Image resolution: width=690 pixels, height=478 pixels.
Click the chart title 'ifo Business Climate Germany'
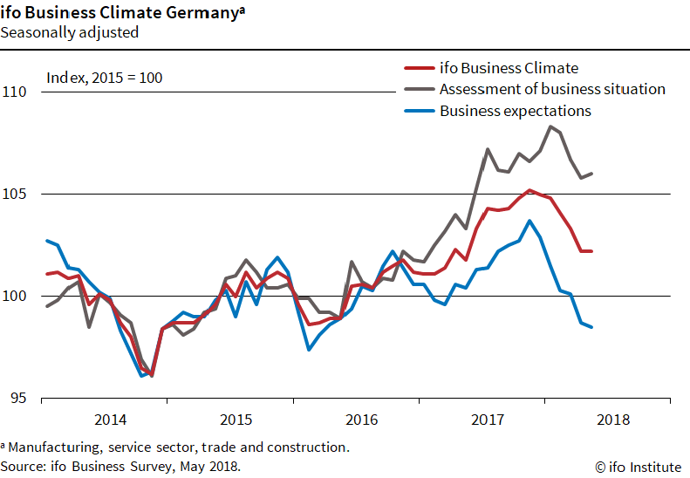tap(120, 14)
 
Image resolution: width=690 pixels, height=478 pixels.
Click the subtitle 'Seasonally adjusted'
tap(70, 33)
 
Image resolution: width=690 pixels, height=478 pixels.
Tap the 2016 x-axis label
tap(361, 420)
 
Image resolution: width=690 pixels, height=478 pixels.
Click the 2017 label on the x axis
tap(488, 420)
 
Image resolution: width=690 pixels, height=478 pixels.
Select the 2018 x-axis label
tap(614, 420)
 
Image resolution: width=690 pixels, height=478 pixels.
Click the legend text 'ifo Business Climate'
tap(509, 68)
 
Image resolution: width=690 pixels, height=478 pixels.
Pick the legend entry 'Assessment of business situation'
tap(552, 89)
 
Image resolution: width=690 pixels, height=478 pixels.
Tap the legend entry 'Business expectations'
tap(515, 111)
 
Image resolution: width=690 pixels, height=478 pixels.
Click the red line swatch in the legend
tap(419, 68)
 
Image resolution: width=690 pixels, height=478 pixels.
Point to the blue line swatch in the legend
tap(419, 111)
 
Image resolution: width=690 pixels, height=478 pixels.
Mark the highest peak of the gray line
tap(550, 126)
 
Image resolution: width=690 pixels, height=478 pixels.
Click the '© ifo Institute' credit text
tap(637, 467)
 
